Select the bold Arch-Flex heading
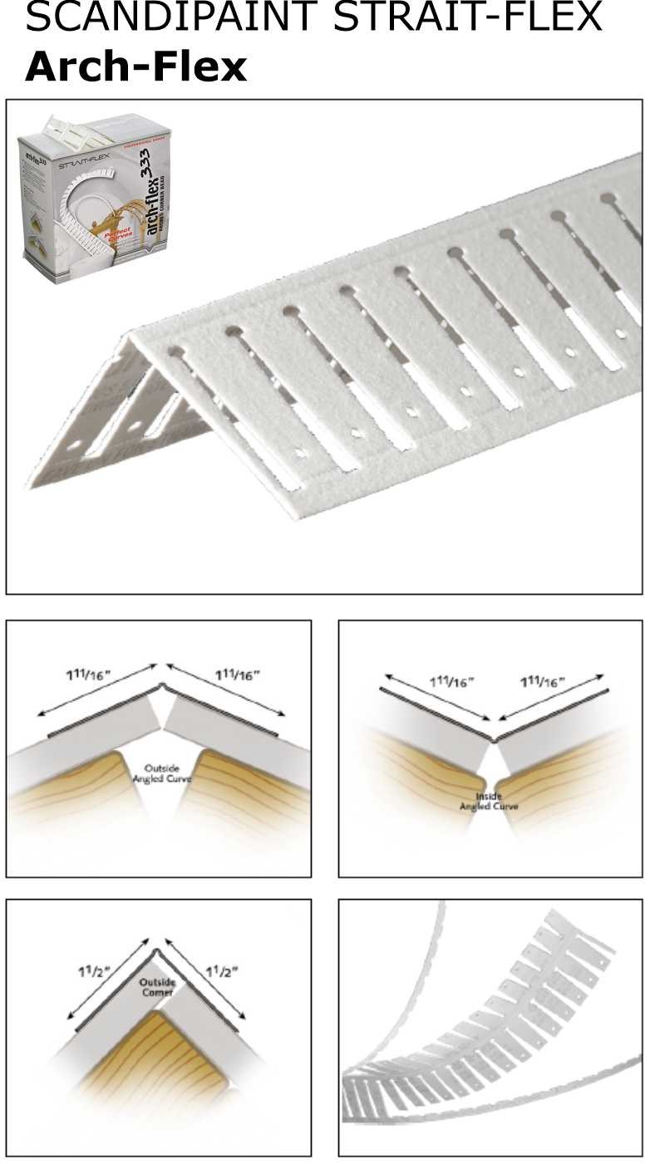pyautogui.click(x=135, y=66)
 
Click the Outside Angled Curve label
pyautogui.click(x=162, y=773)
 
